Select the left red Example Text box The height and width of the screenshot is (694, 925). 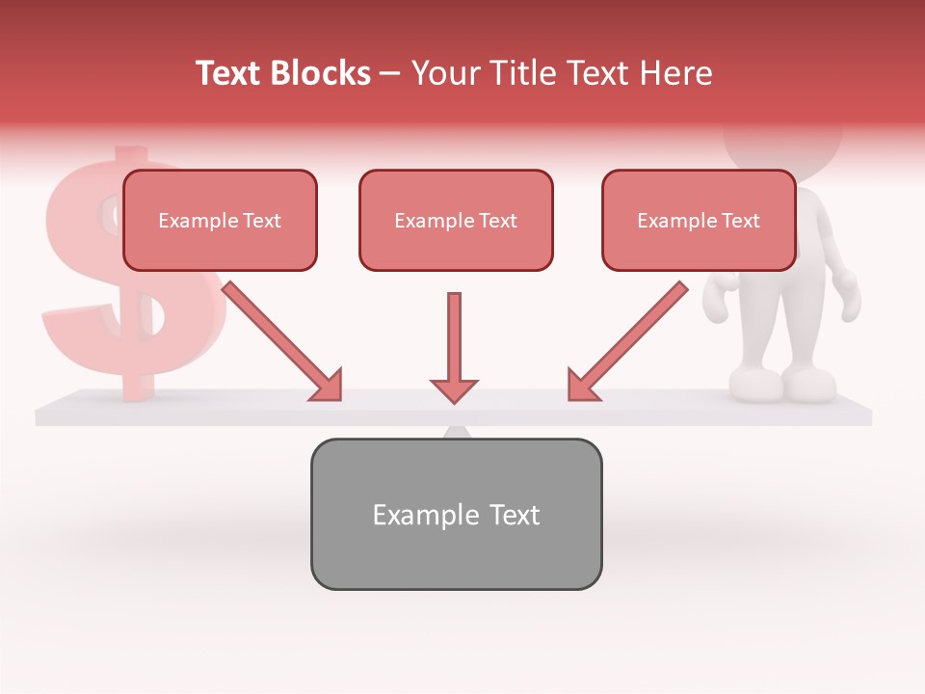pyautogui.click(x=220, y=221)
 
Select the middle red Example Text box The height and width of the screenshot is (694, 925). pyautogui.click(x=456, y=221)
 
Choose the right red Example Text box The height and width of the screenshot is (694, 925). pyautogui.click(x=699, y=221)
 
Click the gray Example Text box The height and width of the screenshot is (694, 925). pyautogui.click(x=456, y=514)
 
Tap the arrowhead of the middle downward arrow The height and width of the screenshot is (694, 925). pyautogui.click(x=454, y=389)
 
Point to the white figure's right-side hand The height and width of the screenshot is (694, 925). pyautogui.click(x=848, y=294)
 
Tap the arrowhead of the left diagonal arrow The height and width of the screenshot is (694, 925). pyautogui.click(x=328, y=386)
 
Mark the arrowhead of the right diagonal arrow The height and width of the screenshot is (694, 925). pyautogui.click(x=581, y=386)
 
